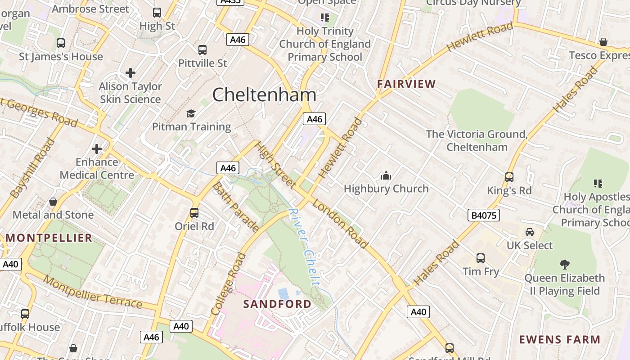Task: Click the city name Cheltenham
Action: [x=264, y=95]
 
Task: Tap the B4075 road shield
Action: [x=484, y=215]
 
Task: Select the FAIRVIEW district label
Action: [x=406, y=84]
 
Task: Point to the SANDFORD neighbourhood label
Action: [x=277, y=304]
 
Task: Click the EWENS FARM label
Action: [x=560, y=339]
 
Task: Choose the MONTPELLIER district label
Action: [x=49, y=238]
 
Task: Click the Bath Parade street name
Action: [x=235, y=207]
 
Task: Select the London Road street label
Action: [x=340, y=223]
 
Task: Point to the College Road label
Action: [x=229, y=283]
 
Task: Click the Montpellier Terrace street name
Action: [x=93, y=292]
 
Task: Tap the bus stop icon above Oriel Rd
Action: [x=194, y=213]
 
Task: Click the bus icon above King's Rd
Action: [x=509, y=177]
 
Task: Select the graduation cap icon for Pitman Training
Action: [x=191, y=113]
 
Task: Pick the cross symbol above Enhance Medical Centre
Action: [x=97, y=148]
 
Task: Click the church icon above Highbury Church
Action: [x=386, y=175]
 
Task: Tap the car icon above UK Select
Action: [x=530, y=232]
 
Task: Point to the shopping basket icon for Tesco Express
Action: [x=603, y=42]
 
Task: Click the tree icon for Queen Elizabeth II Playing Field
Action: [x=564, y=265]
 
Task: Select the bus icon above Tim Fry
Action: [x=481, y=258]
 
